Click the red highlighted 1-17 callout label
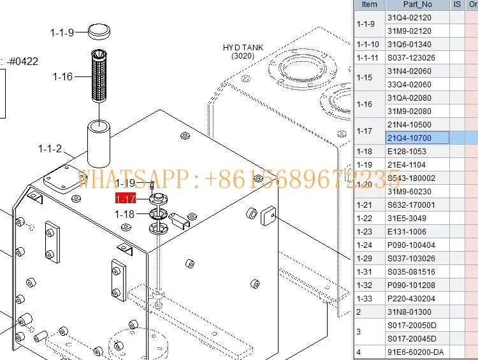coord(125,199)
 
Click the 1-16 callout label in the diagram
coord(62,76)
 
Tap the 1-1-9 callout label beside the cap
coord(62,32)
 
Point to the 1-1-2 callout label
coord(50,148)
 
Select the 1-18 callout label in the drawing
coord(125,214)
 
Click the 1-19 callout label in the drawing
coord(125,184)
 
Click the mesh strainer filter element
coord(99,77)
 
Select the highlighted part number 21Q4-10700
coord(409,138)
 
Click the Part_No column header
coord(417,4)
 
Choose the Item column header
coord(370,4)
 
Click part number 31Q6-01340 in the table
coord(409,44)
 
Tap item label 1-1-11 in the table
coord(370,57)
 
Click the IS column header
coord(457,4)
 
